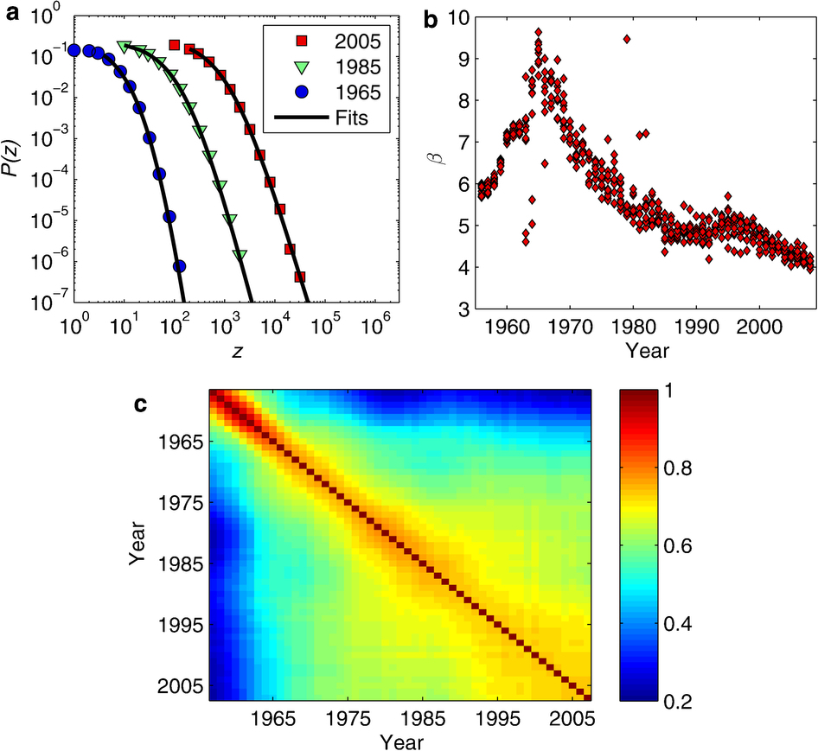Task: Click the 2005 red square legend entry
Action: [325, 41]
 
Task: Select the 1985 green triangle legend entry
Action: [325, 67]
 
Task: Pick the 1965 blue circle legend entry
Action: [325, 92]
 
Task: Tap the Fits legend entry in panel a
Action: [325, 118]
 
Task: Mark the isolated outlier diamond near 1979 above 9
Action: [626, 38]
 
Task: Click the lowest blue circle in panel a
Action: [180, 266]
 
